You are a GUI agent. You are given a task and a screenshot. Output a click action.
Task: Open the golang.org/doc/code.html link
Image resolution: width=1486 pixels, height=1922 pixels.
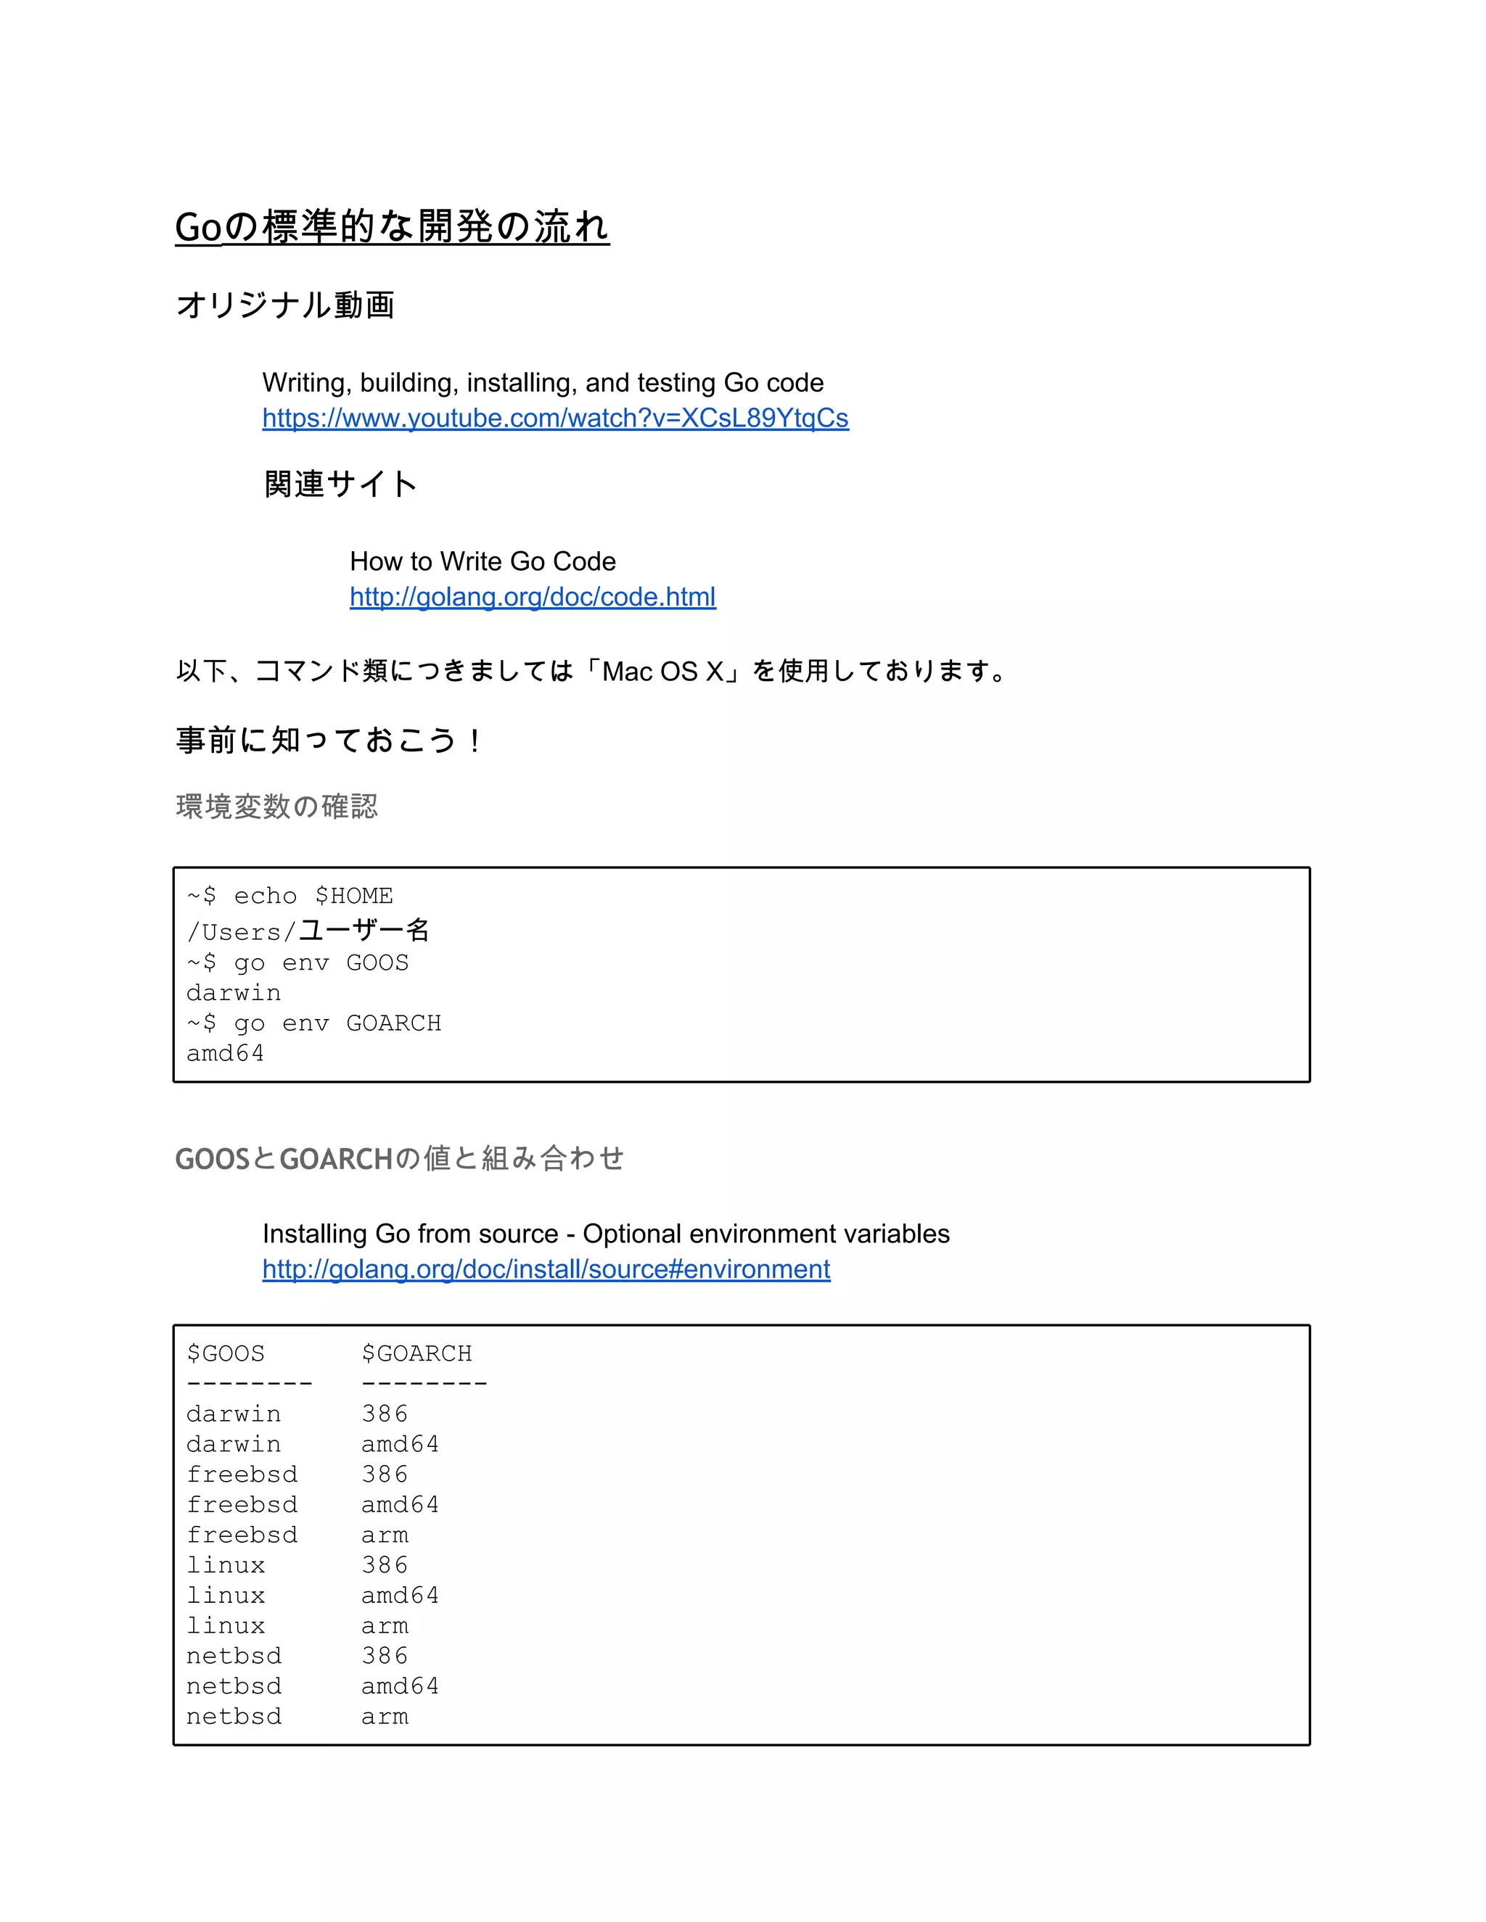(533, 597)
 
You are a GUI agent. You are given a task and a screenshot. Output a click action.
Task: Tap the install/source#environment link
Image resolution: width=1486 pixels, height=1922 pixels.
(546, 1269)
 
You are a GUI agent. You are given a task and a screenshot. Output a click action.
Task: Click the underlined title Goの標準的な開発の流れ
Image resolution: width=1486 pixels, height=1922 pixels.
(392, 227)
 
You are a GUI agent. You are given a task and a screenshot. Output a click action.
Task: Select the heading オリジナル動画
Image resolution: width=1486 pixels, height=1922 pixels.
(285, 305)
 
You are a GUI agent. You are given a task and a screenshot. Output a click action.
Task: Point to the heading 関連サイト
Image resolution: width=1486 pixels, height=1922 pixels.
(340, 484)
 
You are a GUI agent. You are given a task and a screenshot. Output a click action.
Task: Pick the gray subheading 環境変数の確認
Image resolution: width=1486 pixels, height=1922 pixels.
(276, 806)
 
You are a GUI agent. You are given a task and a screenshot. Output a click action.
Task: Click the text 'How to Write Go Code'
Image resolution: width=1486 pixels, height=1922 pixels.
(483, 561)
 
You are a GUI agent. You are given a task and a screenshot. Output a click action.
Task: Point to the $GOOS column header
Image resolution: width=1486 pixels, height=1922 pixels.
(226, 1353)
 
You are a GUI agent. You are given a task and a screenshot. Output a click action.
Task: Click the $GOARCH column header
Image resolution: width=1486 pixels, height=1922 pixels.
(416, 1353)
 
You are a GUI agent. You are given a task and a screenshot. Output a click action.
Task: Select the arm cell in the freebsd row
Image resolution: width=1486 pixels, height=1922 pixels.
(385, 1535)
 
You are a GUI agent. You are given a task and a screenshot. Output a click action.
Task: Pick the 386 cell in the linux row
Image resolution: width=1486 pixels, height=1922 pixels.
(385, 1566)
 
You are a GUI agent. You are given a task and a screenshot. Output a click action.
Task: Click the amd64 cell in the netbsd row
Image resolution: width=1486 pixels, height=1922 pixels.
(400, 1687)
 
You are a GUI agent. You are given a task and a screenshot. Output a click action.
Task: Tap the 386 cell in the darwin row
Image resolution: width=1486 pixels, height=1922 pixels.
(385, 1414)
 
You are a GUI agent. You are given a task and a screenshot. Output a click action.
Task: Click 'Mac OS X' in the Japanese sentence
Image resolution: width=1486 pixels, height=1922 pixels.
(662, 672)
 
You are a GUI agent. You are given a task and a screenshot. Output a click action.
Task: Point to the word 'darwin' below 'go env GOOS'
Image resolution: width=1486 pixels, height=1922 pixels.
(234, 994)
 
